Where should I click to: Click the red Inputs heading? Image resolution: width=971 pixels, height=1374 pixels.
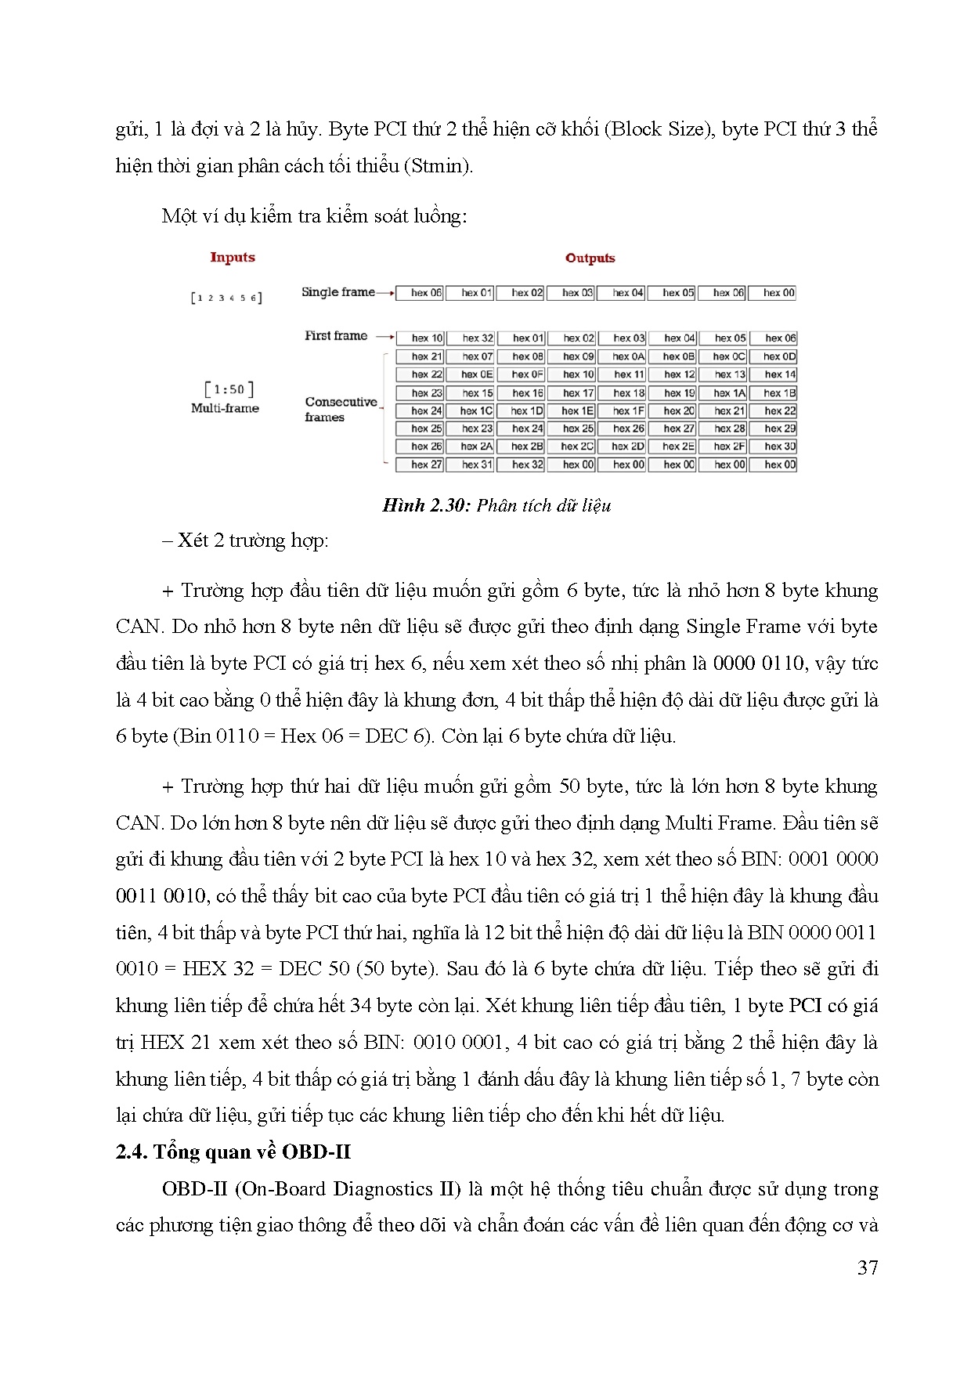tap(233, 257)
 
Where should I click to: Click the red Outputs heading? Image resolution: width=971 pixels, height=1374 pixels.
tap(590, 258)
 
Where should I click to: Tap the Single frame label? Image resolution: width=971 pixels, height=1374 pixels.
tap(338, 292)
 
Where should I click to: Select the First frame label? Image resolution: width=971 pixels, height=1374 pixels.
tap(336, 335)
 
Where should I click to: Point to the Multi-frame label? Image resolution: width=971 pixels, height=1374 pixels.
tap(225, 408)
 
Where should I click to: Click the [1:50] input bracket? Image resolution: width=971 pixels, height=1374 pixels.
tap(229, 389)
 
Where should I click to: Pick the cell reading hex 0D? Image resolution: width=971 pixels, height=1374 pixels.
tap(779, 356)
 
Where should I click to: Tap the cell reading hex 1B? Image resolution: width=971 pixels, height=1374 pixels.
tap(779, 393)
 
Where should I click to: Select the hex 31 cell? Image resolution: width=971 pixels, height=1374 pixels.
tap(477, 465)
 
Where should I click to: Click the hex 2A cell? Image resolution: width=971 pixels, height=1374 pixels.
tap(477, 447)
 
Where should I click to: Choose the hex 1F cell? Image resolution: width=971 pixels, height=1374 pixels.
tap(628, 410)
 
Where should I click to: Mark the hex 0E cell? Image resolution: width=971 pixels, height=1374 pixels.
tap(477, 374)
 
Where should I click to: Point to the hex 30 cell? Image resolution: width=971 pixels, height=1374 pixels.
tap(779, 447)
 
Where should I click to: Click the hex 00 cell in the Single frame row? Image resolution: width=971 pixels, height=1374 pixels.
tap(778, 293)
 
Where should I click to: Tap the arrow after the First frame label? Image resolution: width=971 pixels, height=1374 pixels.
tap(384, 337)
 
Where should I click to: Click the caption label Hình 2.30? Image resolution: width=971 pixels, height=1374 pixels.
tap(426, 505)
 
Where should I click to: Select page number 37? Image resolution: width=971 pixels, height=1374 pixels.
tap(868, 1267)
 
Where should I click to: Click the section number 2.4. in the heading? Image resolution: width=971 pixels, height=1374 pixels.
tap(132, 1152)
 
